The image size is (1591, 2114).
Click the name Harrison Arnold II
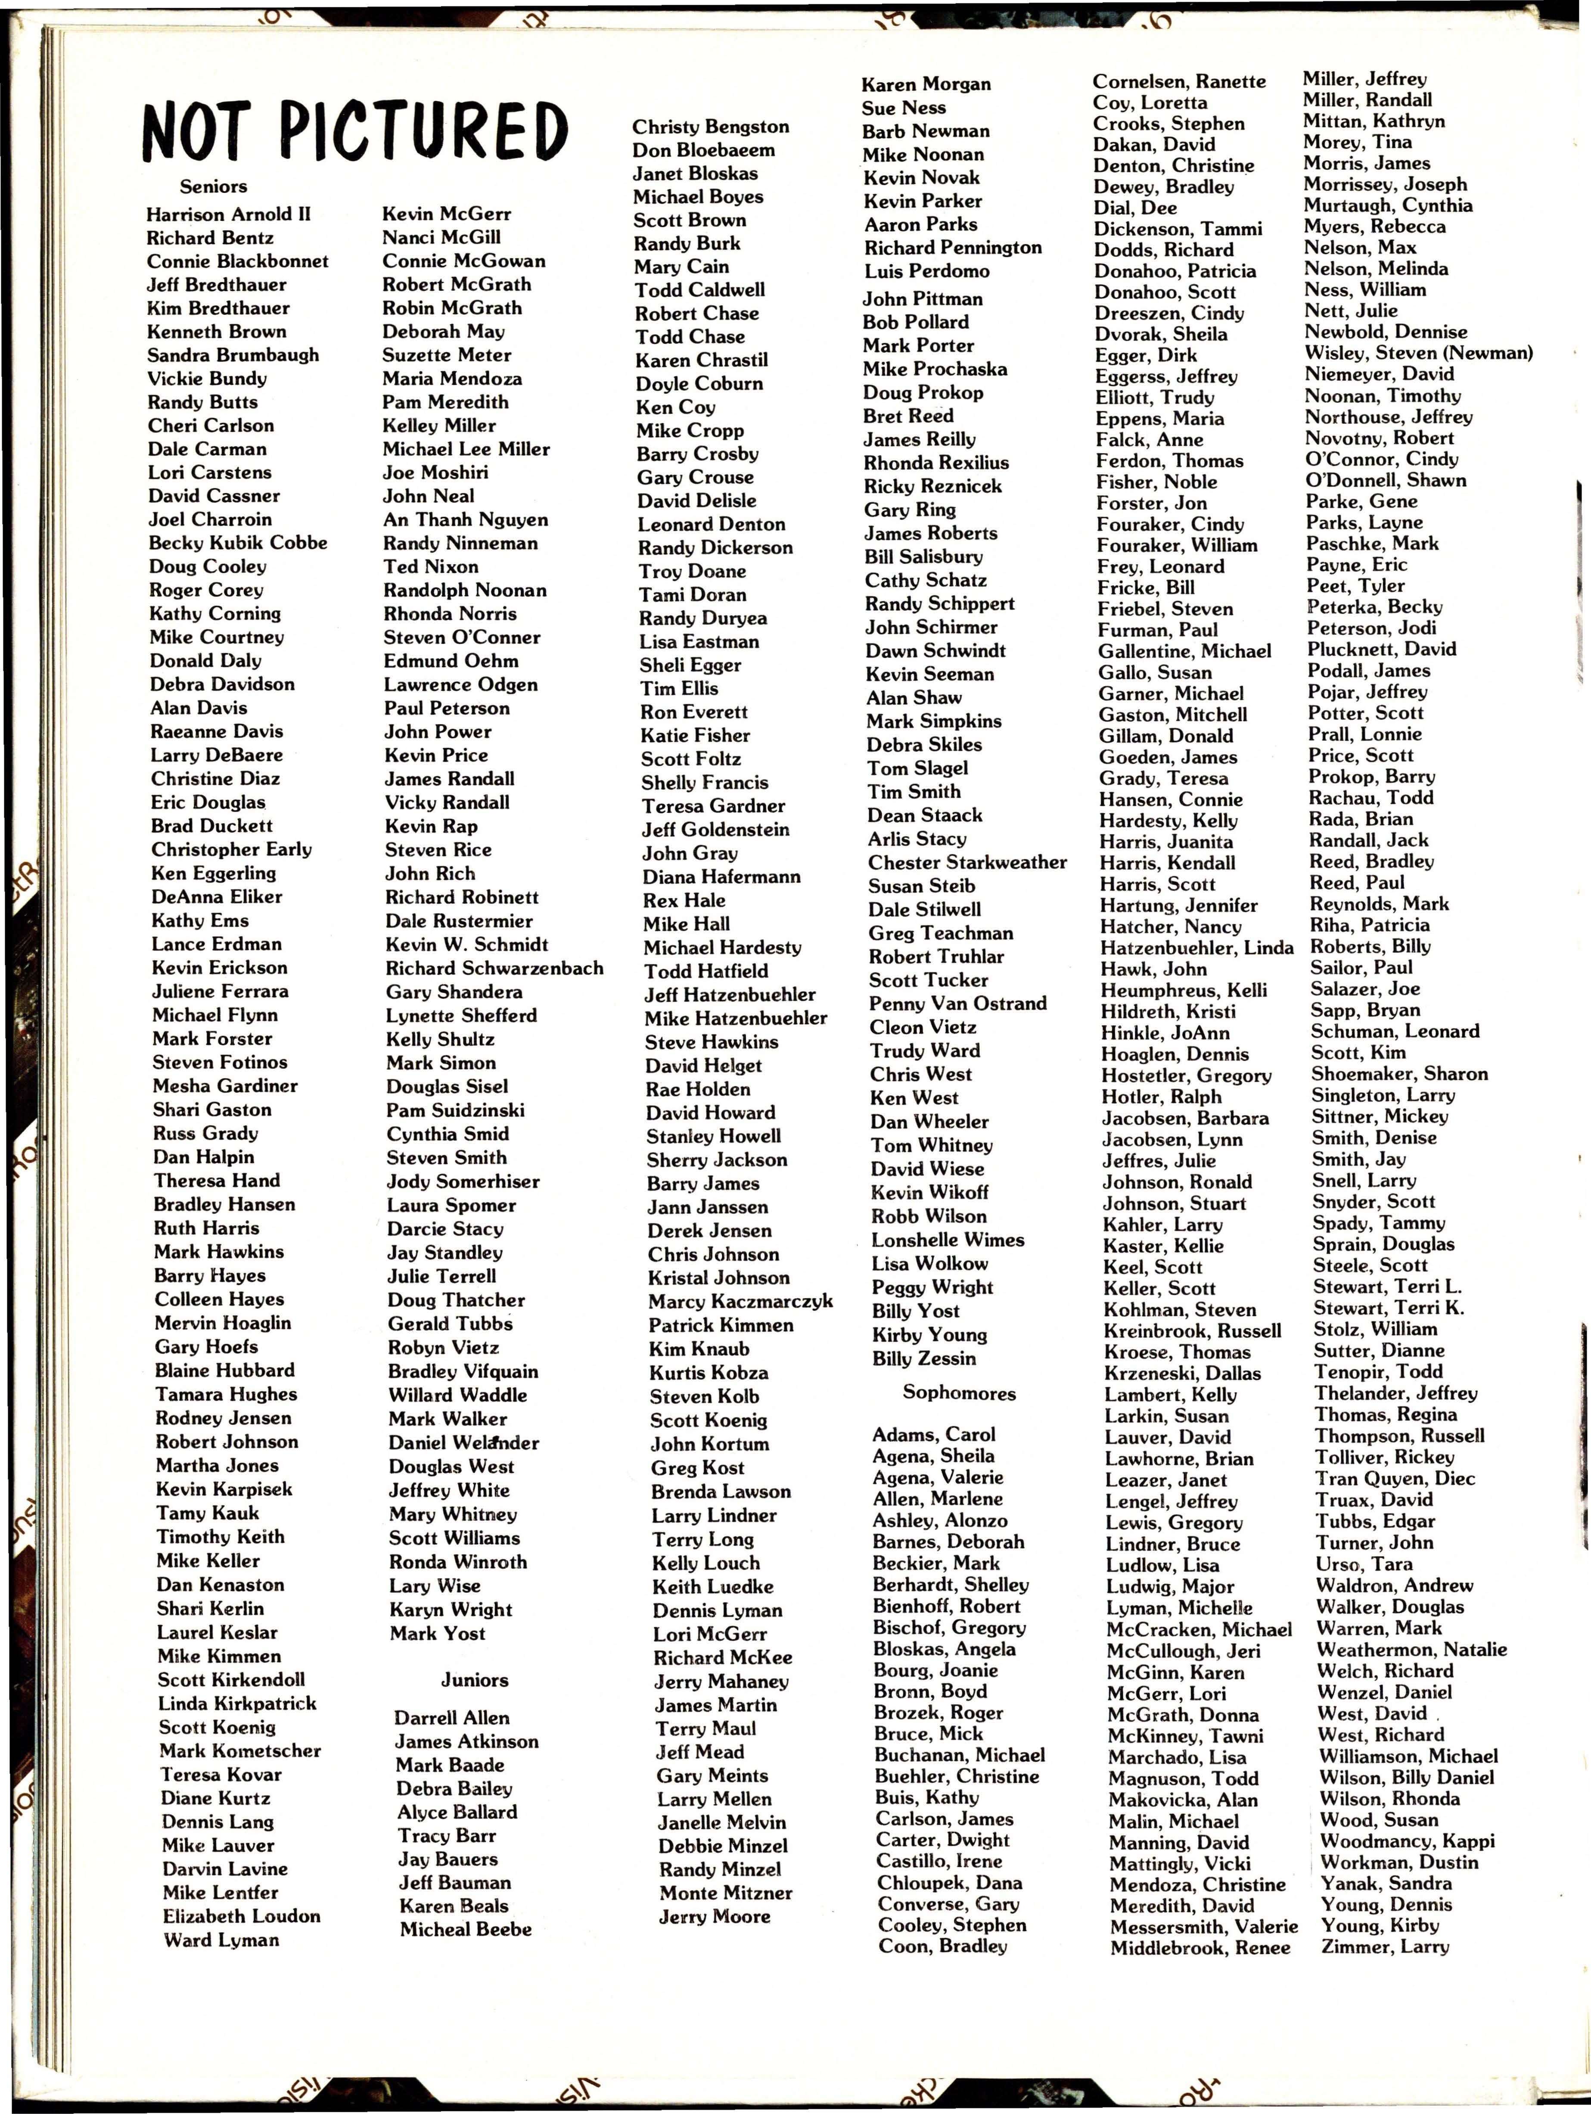228,214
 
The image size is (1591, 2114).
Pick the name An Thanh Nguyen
465,520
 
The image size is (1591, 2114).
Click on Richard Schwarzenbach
494,968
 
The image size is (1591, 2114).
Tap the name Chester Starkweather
967,862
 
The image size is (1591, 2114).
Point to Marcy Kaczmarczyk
740,1302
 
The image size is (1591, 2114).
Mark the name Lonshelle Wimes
947,1240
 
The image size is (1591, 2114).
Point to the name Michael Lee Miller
466,449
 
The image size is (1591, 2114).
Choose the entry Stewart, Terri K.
1387,1309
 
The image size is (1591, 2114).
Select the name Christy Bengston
710,127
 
